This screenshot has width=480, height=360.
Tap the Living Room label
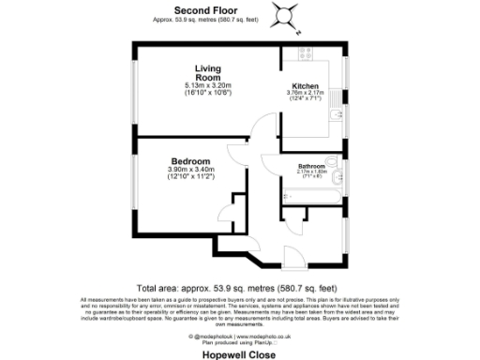(x=207, y=73)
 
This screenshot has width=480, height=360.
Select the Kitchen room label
(x=307, y=85)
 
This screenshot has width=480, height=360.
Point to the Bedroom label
(x=190, y=160)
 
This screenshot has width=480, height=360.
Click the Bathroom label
(x=311, y=166)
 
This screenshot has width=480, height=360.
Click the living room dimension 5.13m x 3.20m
(x=207, y=86)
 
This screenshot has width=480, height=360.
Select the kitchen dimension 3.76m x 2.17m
(x=307, y=92)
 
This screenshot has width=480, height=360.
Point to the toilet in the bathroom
(x=339, y=175)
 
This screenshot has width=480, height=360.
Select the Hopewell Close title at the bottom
(x=240, y=352)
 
